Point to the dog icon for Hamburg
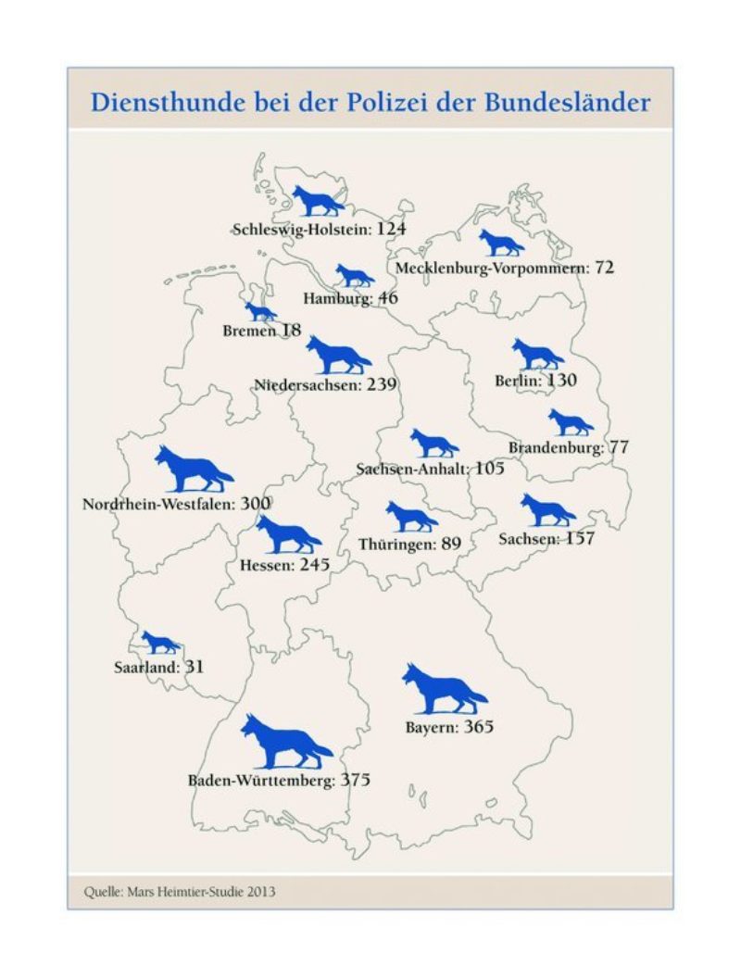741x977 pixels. (354, 276)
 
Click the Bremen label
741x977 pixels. (247, 330)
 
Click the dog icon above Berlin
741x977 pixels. (537, 354)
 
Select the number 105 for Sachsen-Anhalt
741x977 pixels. (489, 469)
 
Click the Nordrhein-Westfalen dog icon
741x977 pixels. (193, 469)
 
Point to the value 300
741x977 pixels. (255, 504)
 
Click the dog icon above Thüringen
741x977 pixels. (410, 516)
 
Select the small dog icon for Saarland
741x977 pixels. (160, 642)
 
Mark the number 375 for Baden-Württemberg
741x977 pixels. (355, 781)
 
